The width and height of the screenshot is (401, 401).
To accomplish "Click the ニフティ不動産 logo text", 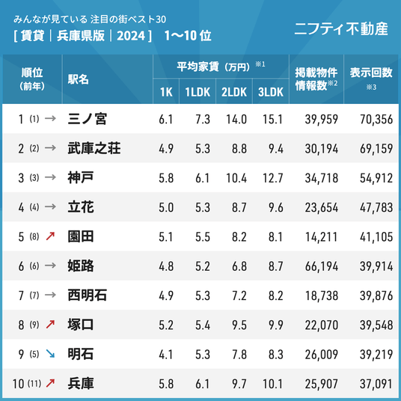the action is (x=341, y=28).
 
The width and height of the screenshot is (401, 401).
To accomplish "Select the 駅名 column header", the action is (x=79, y=79).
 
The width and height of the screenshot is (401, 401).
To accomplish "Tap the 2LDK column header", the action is (x=234, y=92).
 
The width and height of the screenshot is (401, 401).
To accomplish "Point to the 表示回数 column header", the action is (x=371, y=73).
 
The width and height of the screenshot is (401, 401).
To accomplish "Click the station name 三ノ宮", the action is (x=87, y=119).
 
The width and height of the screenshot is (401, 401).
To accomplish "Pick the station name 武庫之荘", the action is (x=94, y=148).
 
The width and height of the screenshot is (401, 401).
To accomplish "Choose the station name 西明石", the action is (x=87, y=296).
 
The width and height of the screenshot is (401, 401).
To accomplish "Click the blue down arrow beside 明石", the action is (x=50, y=354).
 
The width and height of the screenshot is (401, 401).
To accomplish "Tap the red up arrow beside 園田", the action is (x=50, y=236).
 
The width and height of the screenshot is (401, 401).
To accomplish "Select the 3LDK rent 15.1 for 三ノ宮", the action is (x=272, y=119).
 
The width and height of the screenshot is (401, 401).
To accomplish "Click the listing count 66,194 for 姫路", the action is (x=322, y=266).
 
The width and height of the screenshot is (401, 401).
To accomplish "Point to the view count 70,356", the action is (x=376, y=119).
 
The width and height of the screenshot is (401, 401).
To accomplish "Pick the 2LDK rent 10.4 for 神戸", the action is (x=236, y=178).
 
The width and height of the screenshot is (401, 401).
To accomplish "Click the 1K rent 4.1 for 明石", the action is (x=166, y=355).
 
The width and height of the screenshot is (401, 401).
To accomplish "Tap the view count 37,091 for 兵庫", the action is (x=376, y=384).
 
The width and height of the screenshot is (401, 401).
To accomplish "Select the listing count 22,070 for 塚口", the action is (x=322, y=325).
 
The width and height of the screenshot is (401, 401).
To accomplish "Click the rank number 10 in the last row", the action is (x=18, y=384).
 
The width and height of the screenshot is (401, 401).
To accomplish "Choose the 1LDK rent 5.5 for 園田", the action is (x=203, y=237).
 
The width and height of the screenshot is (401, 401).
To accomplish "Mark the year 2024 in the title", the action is (x=131, y=36).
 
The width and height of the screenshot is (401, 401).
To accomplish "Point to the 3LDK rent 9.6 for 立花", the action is (x=275, y=207).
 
